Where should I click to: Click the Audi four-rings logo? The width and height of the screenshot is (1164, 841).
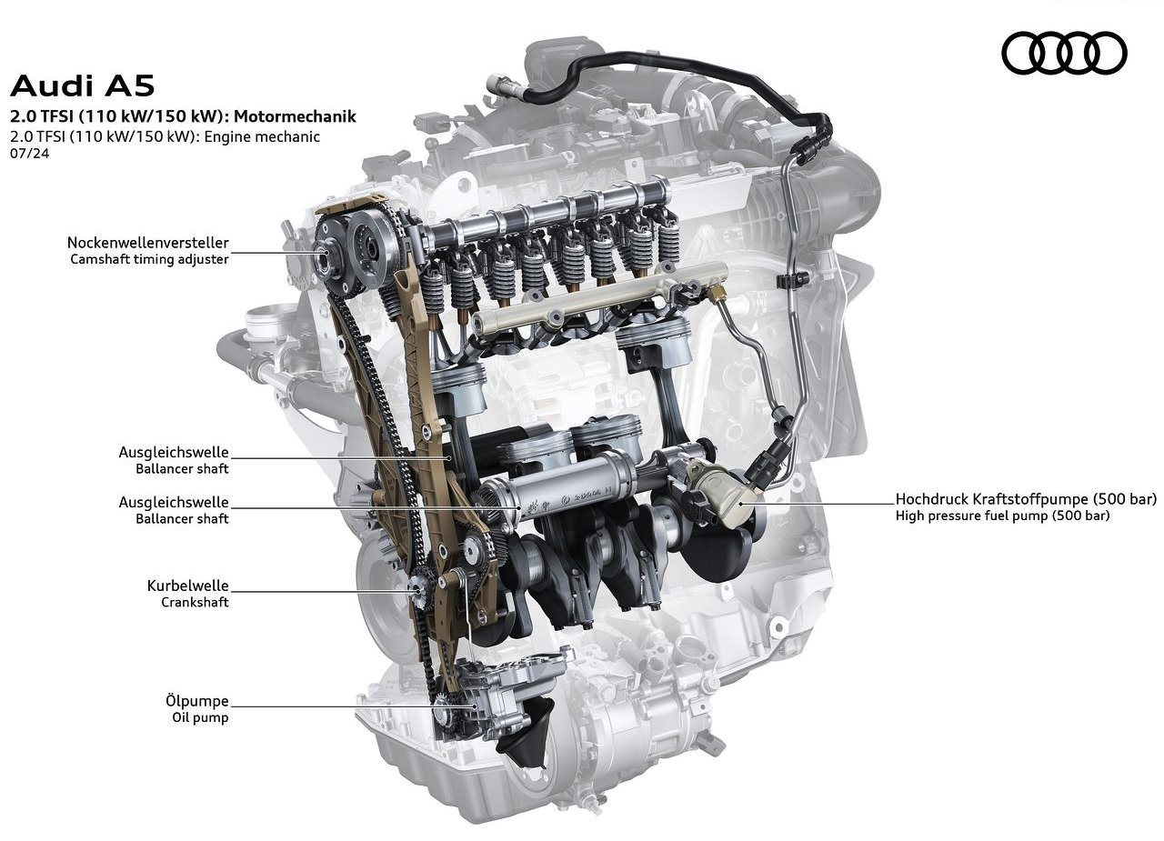pos(1064,53)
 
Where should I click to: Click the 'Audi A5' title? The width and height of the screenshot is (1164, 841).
pos(82,85)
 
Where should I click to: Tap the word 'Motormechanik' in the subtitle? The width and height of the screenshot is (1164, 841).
pos(295,115)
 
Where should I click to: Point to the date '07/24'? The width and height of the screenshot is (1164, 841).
pos(30,154)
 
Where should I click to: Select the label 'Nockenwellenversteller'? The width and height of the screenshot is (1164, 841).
pos(147,243)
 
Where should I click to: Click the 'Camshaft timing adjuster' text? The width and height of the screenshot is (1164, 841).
pos(149,259)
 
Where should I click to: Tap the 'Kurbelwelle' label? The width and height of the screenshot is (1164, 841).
pos(187,586)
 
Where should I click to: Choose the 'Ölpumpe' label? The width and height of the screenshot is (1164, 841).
pos(197,701)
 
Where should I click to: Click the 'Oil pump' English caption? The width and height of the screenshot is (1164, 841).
pos(200,717)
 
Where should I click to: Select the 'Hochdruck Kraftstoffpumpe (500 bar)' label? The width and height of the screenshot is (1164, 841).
pos(1026,499)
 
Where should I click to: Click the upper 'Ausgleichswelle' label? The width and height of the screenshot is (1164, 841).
pos(174,452)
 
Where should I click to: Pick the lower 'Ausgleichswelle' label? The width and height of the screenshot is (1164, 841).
pos(174,502)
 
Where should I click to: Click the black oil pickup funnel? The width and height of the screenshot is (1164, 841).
pos(526,733)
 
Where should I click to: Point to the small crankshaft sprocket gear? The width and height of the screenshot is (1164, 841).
pos(420,588)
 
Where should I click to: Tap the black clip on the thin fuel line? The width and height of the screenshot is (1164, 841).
pos(791,279)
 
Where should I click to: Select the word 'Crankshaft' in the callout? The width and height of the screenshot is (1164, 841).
pos(195,602)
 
